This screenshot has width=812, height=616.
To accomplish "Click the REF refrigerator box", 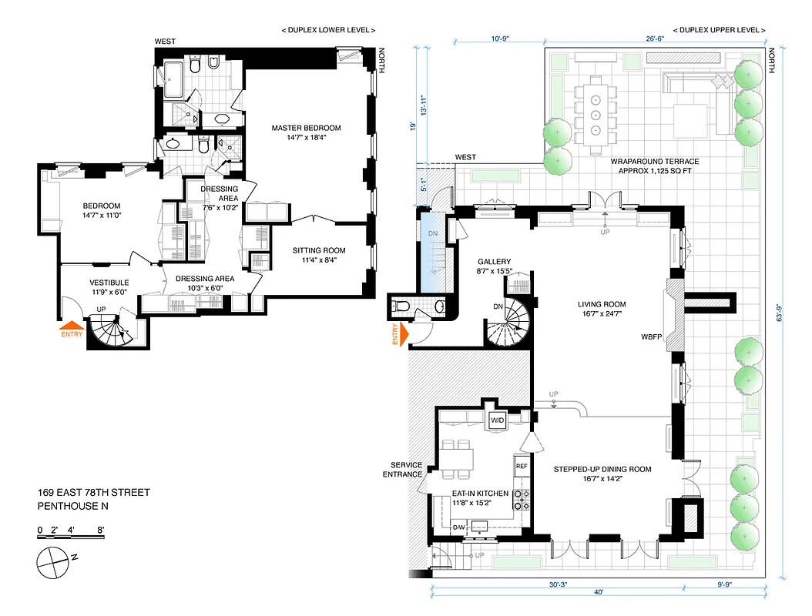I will pos(522,466).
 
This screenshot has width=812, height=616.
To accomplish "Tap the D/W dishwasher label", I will pos(458,527).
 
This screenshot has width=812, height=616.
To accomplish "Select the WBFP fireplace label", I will pos(651,337).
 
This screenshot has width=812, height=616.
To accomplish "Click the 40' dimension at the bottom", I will pos(599,593).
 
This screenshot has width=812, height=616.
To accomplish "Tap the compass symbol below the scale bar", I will pos(53,561).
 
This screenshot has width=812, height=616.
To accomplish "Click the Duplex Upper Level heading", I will pos(719,30).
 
